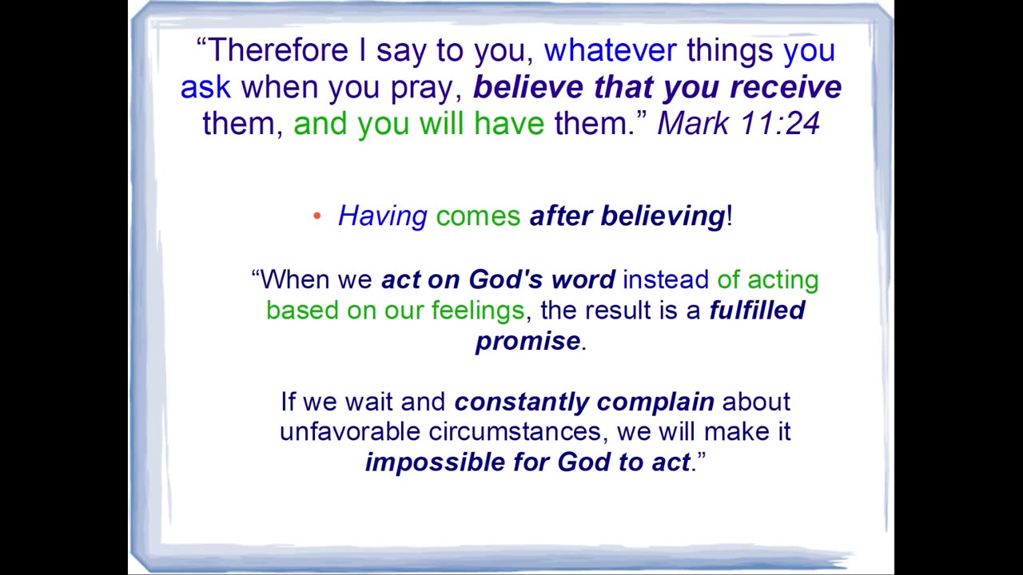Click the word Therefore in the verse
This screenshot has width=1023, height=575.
tap(278, 50)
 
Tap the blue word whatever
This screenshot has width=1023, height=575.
tap(610, 50)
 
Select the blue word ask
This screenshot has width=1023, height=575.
tap(205, 86)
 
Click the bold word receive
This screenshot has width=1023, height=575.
tap(786, 86)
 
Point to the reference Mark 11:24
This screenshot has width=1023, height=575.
tap(738, 123)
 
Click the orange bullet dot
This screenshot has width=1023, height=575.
tap(317, 216)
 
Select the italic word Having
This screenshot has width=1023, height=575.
tap(383, 216)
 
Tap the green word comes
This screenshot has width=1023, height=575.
tap(478, 216)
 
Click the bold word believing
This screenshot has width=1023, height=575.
tap(663, 216)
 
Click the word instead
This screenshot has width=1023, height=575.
tap(666, 279)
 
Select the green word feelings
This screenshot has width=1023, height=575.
tap(478, 311)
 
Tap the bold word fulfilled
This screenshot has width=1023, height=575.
tap(757, 310)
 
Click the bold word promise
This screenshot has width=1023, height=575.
tap(528, 341)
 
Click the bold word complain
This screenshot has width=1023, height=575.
tap(655, 402)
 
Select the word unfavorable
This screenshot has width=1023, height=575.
tap(350, 431)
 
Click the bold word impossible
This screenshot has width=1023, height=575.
tap(435, 462)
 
